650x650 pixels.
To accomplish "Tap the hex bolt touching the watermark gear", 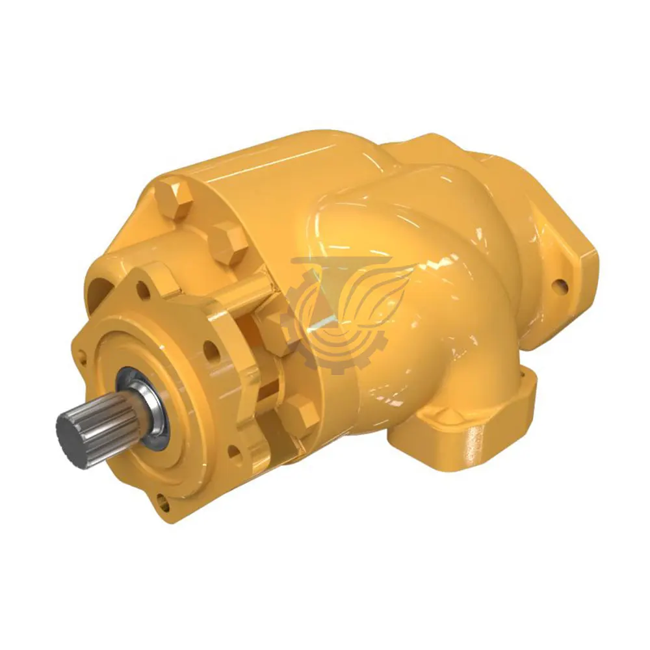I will click(x=276, y=330).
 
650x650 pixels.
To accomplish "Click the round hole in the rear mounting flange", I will click(x=557, y=285).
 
